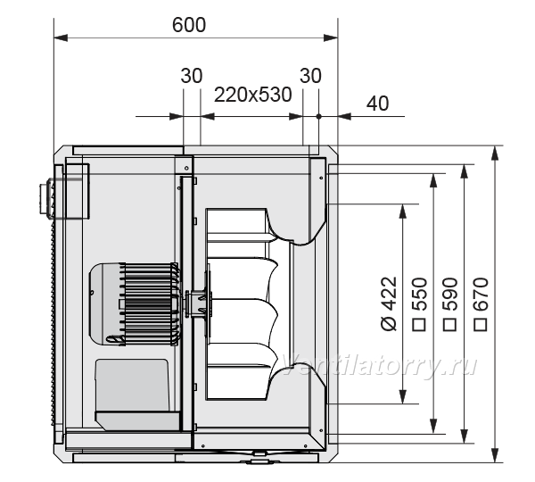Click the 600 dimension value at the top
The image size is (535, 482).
coord(189,25)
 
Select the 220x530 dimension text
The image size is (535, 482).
coord(253,95)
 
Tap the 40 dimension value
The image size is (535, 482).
coord(377,104)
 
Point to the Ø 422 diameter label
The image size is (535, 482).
coord(389,303)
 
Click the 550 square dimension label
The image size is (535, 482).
coord(419,304)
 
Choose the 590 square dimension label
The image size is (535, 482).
coord(449,304)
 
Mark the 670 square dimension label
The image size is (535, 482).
coord(481,304)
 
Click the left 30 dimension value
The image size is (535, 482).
coord(192,76)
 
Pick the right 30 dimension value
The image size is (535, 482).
coord(310,76)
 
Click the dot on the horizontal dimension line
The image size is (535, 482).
coord(318,117)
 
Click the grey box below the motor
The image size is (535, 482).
coord(132,386)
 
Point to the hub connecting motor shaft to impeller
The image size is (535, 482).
coord(198,303)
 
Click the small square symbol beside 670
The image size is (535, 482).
coord(481,325)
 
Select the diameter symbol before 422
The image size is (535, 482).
coord(389,323)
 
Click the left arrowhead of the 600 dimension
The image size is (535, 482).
coord(61,37)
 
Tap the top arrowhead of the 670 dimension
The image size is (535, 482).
coord(496,153)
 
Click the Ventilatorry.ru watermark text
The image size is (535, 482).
coord(380,365)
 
